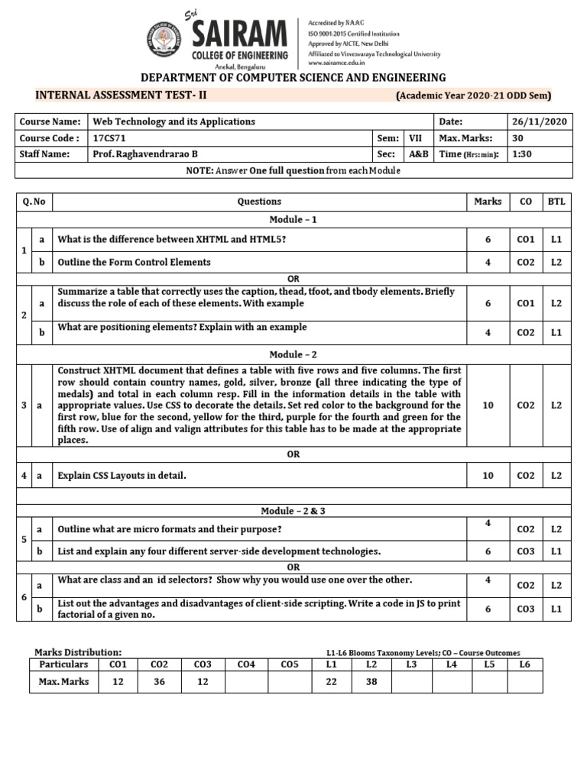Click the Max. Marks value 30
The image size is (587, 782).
517,138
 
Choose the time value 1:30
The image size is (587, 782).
521,154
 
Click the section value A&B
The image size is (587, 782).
418,154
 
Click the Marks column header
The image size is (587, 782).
488,202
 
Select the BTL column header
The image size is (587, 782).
556,202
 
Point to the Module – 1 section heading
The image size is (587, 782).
293,220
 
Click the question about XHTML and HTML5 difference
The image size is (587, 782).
172,240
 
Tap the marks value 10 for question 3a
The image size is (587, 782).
488,406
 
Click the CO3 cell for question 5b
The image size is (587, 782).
525,551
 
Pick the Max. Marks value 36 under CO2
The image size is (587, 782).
160,681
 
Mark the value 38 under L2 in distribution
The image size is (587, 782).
372,681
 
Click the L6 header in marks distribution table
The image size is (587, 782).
524,665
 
